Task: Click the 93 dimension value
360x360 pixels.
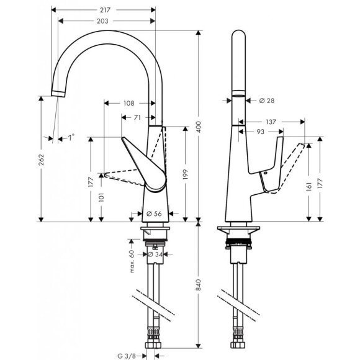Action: (260, 132)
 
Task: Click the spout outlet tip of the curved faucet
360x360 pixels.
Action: (56, 93)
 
